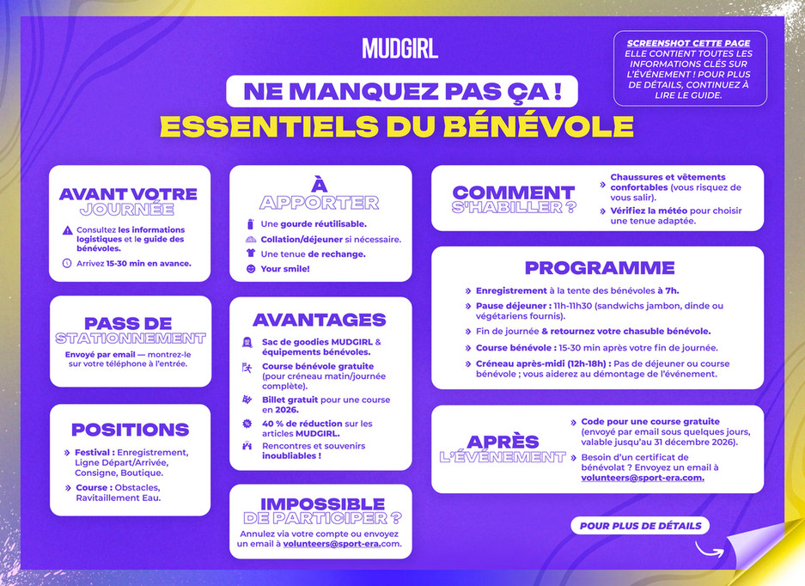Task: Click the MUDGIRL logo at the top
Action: [x=399, y=48]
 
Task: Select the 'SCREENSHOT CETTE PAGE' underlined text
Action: [x=688, y=43]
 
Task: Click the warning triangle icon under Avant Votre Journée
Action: [x=67, y=230]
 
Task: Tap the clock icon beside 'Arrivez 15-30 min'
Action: [x=67, y=263]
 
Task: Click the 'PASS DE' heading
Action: [x=130, y=323]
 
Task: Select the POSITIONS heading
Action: [x=130, y=430]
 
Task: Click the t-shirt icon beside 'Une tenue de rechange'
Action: [x=251, y=254]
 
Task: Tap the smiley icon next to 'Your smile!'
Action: [x=251, y=269]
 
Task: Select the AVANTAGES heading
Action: [x=319, y=320]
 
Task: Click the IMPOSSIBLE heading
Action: [x=322, y=504]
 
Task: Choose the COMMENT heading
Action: [x=513, y=192]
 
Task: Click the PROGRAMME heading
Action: [x=599, y=267]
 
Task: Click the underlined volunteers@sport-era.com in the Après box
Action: [x=642, y=478]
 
